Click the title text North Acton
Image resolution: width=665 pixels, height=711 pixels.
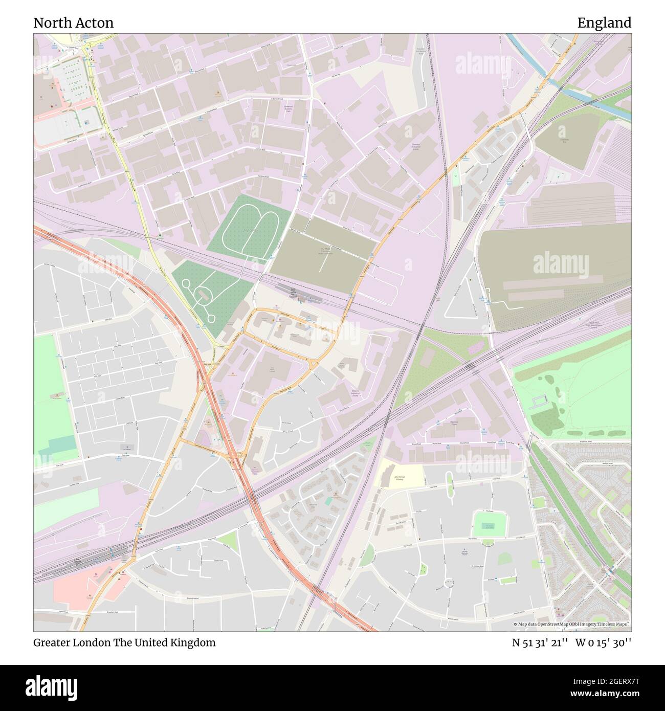point(73,23)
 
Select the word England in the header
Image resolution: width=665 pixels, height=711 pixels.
point(604,23)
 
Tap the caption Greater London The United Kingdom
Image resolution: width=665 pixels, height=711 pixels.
point(124,642)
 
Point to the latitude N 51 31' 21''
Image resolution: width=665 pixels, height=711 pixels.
point(540,642)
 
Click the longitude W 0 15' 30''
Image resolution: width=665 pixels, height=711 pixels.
point(603,642)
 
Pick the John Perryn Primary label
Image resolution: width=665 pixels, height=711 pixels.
point(399,479)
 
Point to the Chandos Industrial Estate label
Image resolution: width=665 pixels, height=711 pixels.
point(415,147)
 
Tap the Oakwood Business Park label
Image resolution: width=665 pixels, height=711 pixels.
point(291,108)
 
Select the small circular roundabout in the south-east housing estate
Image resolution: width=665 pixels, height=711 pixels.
point(449,582)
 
